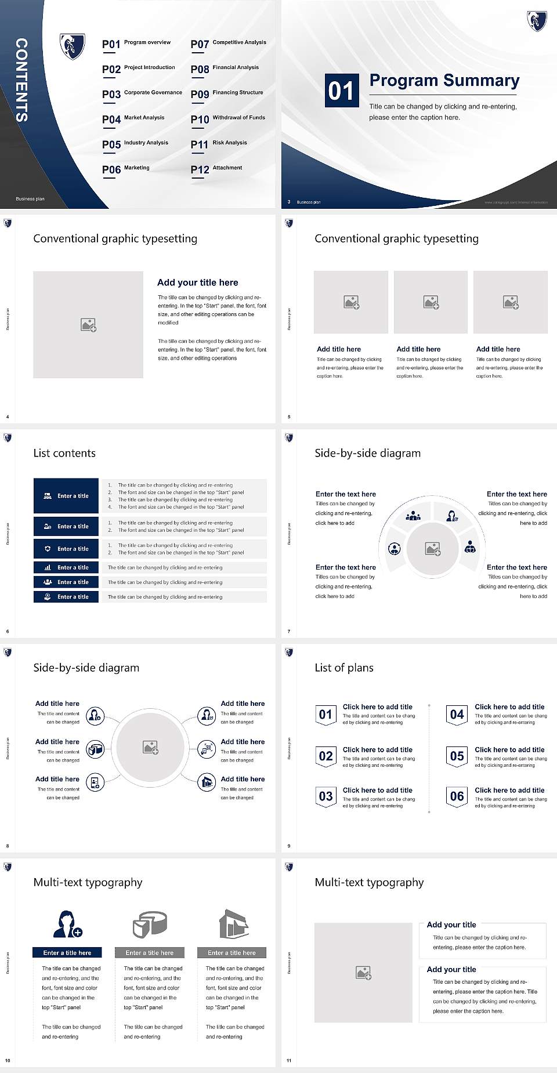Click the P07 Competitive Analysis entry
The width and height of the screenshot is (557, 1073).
[228, 43]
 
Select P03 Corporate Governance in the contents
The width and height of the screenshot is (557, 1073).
[142, 93]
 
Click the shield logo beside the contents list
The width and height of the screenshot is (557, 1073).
[73, 46]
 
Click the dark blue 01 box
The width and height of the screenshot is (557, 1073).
[341, 90]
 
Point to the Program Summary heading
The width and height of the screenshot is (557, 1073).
[444, 81]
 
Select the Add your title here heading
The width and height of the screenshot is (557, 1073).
[197, 282]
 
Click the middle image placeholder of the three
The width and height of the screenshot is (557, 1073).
[431, 302]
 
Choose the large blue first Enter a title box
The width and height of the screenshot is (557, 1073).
[66, 496]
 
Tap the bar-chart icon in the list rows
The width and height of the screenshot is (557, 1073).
[48, 567]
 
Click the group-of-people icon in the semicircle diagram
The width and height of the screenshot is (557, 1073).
[413, 515]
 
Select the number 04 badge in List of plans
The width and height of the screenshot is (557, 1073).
[457, 715]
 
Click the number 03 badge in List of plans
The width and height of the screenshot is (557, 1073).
[325, 796]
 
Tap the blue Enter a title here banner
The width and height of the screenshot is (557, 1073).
[67, 952]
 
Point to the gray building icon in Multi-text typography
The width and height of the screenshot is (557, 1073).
[233, 924]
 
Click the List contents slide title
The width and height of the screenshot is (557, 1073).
[64, 453]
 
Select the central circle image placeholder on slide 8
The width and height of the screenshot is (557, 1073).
[150, 747]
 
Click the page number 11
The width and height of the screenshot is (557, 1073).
[289, 1060]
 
